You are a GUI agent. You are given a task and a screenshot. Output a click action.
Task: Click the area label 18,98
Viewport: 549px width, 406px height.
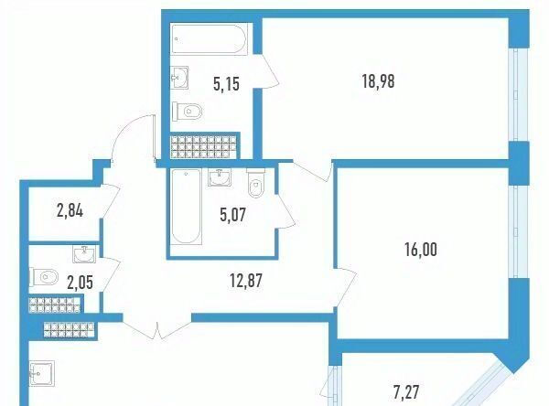[378, 82]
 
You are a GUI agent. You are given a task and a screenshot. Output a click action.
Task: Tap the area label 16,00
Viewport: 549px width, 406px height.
[421, 250]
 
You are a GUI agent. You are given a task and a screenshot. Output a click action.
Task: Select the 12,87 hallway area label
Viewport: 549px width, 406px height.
[246, 281]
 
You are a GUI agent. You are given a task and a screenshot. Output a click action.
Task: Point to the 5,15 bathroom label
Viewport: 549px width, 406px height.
[226, 84]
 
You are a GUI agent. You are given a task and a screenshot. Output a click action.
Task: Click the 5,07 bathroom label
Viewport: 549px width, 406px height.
[233, 214]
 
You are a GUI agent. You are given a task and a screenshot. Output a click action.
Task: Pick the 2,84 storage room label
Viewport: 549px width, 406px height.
[70, 211]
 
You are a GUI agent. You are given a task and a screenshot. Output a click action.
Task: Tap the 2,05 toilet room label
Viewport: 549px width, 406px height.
[81, 283]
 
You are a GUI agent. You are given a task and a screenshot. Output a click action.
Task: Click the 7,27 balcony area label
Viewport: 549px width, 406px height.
[406, 392]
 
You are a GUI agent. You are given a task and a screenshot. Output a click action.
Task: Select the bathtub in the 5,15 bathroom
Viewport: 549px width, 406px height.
[210, 38]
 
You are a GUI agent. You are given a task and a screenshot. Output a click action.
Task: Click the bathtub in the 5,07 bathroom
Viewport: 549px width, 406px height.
[186, 206]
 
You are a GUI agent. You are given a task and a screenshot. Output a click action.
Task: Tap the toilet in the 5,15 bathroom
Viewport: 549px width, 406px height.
[187, 112]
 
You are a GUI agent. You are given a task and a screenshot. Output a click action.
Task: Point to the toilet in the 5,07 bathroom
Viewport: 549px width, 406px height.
[256, 183]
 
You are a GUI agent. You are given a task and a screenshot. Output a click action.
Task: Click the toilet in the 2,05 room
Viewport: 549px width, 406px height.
[45, 278]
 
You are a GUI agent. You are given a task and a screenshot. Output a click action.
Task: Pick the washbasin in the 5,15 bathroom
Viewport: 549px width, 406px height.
[179, 78]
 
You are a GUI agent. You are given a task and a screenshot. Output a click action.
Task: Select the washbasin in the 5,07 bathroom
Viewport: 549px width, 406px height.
[220, 177]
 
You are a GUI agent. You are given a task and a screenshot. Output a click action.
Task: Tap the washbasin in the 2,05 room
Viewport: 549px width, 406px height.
[84, 253]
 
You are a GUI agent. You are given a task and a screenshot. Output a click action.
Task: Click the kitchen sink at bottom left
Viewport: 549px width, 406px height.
[42, 373]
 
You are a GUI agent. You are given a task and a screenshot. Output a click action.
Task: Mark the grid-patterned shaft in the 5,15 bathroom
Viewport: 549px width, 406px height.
[203, 147]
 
